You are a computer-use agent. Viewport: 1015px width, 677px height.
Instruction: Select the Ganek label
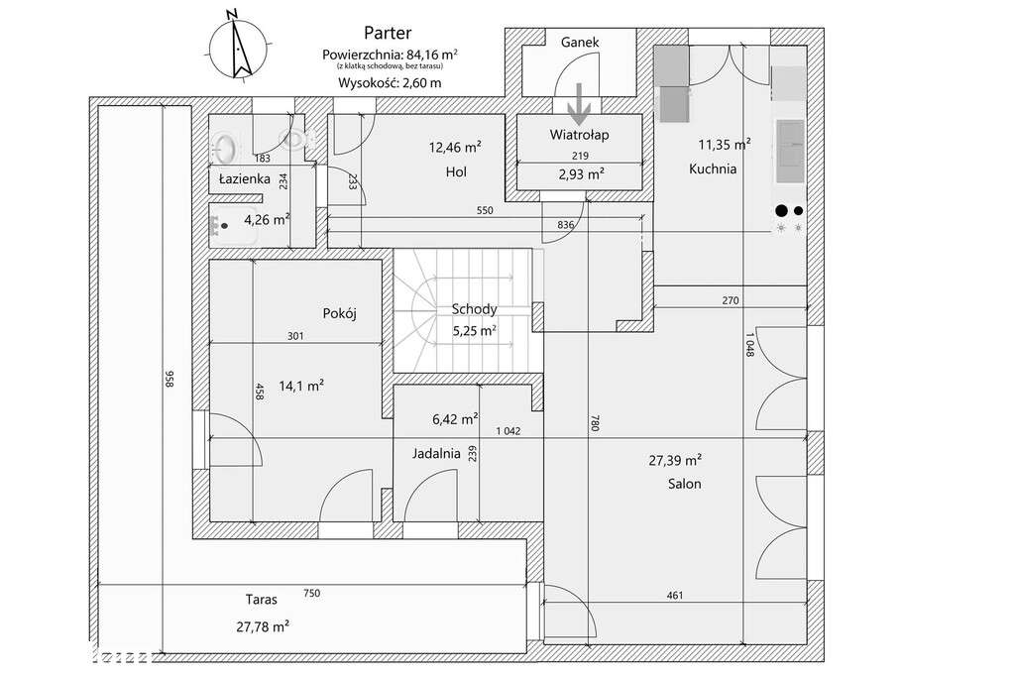580,43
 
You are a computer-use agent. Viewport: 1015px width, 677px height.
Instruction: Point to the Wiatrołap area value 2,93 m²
581,173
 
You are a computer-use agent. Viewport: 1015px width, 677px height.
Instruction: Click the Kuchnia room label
713,169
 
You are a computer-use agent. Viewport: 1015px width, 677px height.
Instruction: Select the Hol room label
456,172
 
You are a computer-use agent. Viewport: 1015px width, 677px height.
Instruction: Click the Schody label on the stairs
474,309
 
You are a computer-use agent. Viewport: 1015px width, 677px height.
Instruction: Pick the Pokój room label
339,313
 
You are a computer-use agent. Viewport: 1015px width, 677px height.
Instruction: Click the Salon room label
685,485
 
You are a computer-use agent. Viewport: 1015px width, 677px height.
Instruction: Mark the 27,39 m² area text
675,460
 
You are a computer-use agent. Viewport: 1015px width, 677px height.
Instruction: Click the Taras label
261,600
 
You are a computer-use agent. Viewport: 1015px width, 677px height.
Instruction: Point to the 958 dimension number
169,380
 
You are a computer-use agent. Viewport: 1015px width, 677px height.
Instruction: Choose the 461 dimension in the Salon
674,596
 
